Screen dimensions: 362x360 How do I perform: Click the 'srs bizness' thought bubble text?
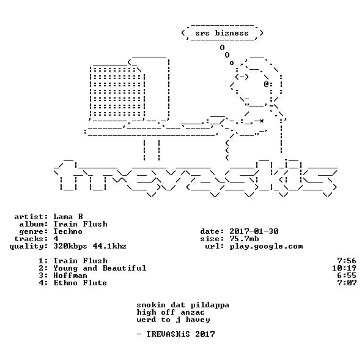pyautogui.click(x=222, y=33)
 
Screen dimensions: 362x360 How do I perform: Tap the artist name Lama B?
pyautogui.click(x=68, y=217)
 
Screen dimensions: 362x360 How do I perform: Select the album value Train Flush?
pyautogui.click(x=80, y=224)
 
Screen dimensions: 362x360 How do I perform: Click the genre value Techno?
pyautogui.click(x=68, y=231)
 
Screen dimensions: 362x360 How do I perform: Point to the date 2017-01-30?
pyautogui.click(x=254, y=231)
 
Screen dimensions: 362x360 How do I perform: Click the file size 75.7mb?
pyautogui.click(x=244, y=239)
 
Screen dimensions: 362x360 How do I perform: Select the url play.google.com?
pyautogui.click(x=266, y=247)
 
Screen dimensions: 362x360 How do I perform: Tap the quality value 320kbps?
pyautogui.click(x=70, y=247)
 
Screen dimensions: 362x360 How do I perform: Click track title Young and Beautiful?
pyautogui.click(x=100, y=268)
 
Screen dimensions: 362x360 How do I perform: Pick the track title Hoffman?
pyautogui.click(x=70, y=276)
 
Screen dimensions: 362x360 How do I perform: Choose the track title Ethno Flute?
pyautogui.click(x=80, y=283)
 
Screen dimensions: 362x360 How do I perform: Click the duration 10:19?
pyautogui.click(x=344, y=268)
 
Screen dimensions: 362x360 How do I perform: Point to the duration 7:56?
pyautogui.click(x=347, y=261)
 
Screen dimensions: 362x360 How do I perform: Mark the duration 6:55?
pyautogui.click(x=347, y=276)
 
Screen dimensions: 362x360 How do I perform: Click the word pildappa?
pyautogui.click(x=210, y=305)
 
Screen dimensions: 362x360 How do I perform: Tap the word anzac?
pyautogui.click(x=193, y=313)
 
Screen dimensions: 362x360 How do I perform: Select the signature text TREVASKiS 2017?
pyautogui.click(x=181, y=334)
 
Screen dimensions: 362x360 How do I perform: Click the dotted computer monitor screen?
pyautogui.click(x=117, y=92)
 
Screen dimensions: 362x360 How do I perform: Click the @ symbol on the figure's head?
pyautogui.click(x=267, y=84)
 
